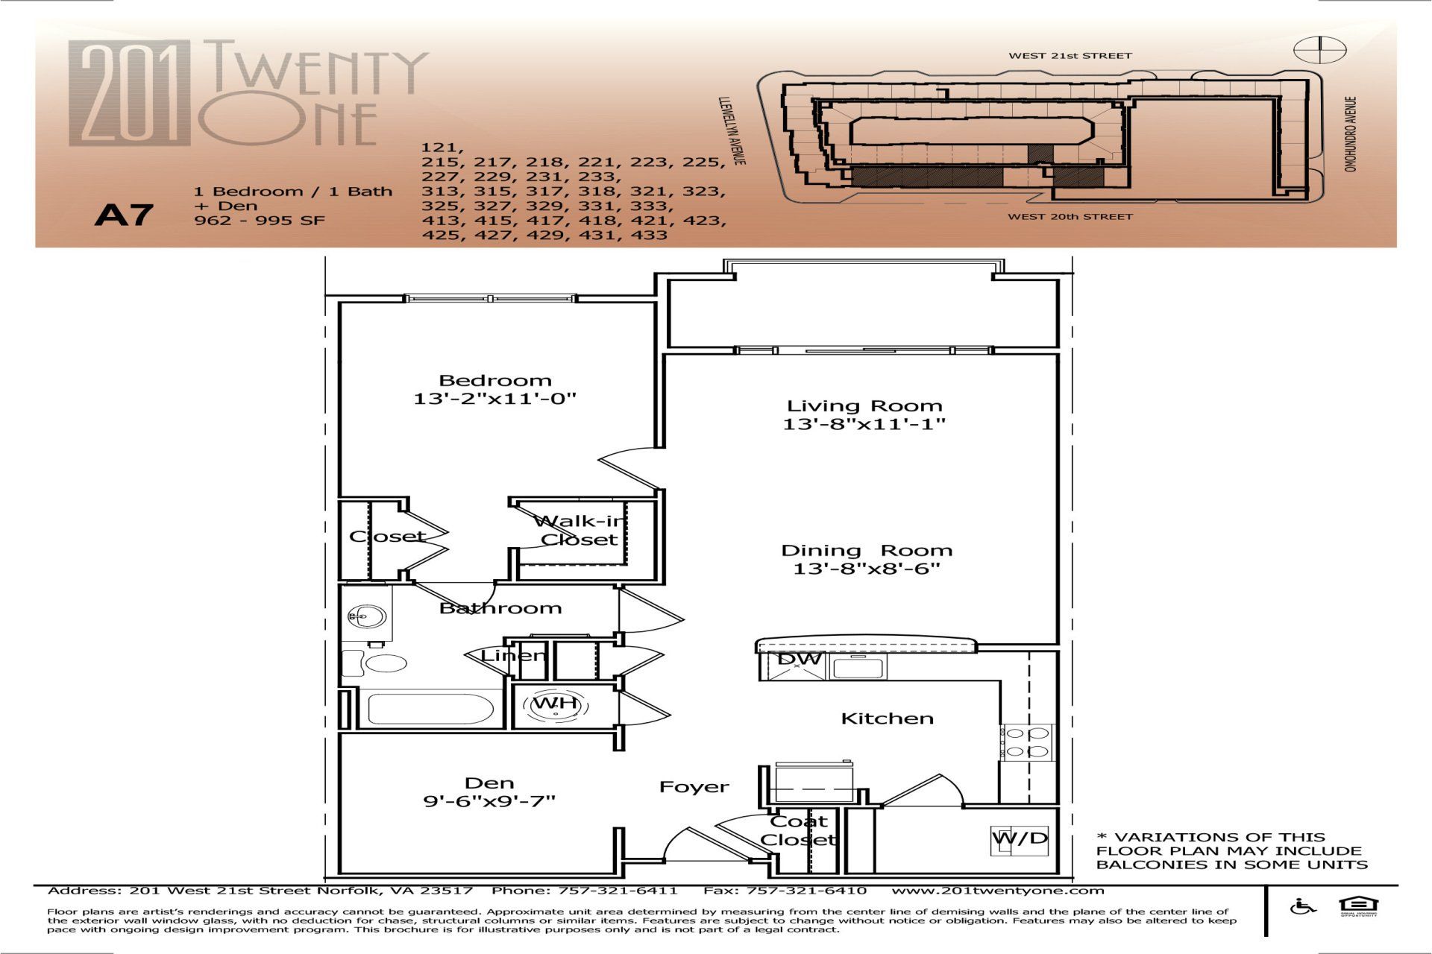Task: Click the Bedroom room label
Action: [495, 380]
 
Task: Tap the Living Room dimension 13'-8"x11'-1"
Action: [864, 424]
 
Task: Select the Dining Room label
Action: [867, 551]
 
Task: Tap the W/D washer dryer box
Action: [1020, 838]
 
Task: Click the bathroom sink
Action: [367, 616]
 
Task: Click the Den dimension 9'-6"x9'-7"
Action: [489, 801]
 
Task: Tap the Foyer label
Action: [694, 787]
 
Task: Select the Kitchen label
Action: [887, 718]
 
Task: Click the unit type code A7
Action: [124, 215]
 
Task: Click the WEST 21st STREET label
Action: [1070, 56]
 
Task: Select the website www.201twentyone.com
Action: [998, 891]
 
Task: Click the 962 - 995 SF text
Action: [260, 221]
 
